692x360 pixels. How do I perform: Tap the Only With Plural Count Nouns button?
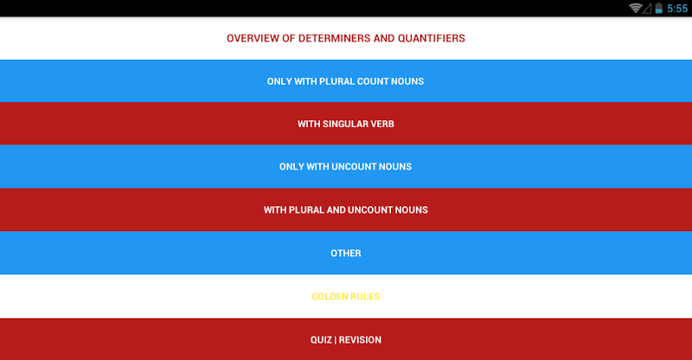tap(345, 81)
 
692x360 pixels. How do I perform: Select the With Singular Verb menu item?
tap(345, 124)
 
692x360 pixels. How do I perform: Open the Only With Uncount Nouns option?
tap(345, 166)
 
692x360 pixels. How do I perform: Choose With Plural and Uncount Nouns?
tap(345, 209)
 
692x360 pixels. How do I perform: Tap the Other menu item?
tap(345, 253)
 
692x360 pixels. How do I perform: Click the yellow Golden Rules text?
tap(345, 296)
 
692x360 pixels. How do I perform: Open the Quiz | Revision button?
tap(345, 339)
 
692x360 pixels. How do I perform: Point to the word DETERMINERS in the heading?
tap(335, 38)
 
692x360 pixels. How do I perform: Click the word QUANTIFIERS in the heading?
tap(431, 38)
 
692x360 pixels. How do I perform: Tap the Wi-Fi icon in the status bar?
tap(635, 8)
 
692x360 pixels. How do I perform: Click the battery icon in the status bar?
tap(658, 8)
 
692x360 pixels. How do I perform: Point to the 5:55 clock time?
tap(677, 9)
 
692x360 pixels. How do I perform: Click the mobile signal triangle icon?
tap(647, 9)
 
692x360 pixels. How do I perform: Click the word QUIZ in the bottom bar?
tap(321, 340)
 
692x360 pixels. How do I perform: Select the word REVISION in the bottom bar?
tap(360, 340)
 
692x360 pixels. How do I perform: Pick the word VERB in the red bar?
tap(382, 124)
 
